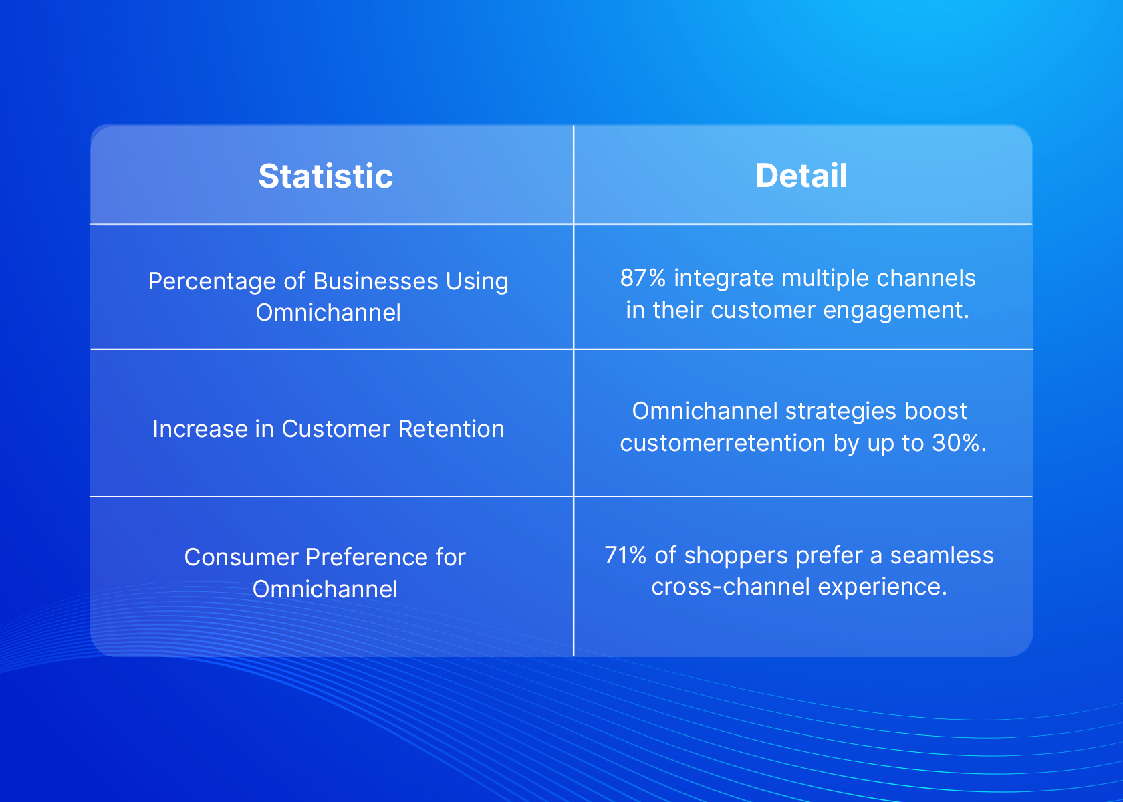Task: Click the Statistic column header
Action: (326, 176)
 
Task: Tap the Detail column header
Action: (801, 176)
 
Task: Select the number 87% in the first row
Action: (643, 278)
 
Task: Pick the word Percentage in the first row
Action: (212, 282)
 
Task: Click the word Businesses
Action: (376, 281)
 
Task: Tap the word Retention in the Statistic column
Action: (451, 429)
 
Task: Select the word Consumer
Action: (241, 557)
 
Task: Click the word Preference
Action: (367, 557)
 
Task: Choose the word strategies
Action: (841, 412)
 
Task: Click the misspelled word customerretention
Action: (723, 443)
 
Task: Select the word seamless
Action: (941, 555)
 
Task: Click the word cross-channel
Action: (731, 587)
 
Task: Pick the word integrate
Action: (723, 279)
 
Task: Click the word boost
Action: (936, 411)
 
